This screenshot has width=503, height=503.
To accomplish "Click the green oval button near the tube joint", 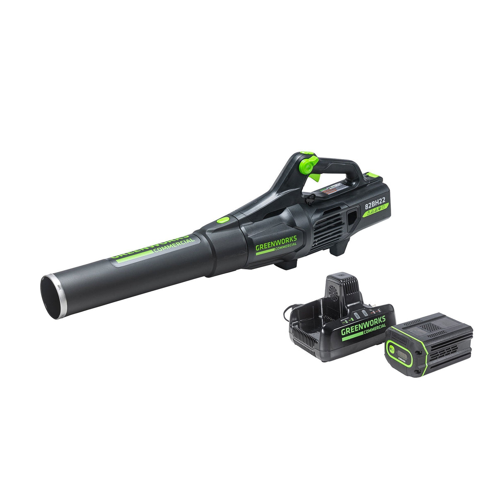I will click(x=224, y=220).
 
